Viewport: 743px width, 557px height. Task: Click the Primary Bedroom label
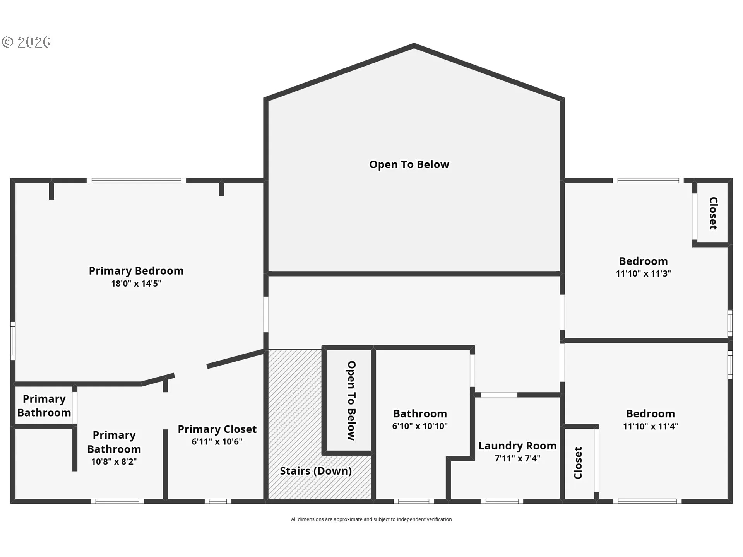136,271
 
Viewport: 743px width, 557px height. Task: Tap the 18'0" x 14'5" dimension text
136,284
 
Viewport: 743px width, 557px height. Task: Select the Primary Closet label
217,429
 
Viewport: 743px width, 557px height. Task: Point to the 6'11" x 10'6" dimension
217,441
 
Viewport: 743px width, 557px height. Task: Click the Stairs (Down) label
316,471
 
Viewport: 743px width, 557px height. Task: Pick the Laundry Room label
517,446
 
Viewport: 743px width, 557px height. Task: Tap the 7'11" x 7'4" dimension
517,458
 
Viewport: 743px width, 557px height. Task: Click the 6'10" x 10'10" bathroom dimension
420,426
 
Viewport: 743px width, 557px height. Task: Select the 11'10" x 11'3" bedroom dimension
643,273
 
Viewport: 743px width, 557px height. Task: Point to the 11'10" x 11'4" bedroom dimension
650,426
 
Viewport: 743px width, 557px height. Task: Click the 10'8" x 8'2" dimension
114,461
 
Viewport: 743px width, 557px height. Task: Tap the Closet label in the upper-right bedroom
713,213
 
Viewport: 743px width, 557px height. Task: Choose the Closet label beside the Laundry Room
578,463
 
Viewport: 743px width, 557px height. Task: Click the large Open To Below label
409,164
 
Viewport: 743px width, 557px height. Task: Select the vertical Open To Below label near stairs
351,401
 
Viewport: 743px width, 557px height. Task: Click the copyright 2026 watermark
26,42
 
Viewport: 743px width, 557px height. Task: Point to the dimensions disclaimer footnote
371,519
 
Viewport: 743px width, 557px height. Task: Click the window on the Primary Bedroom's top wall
136,180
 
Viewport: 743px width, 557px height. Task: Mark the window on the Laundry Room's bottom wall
502,501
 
